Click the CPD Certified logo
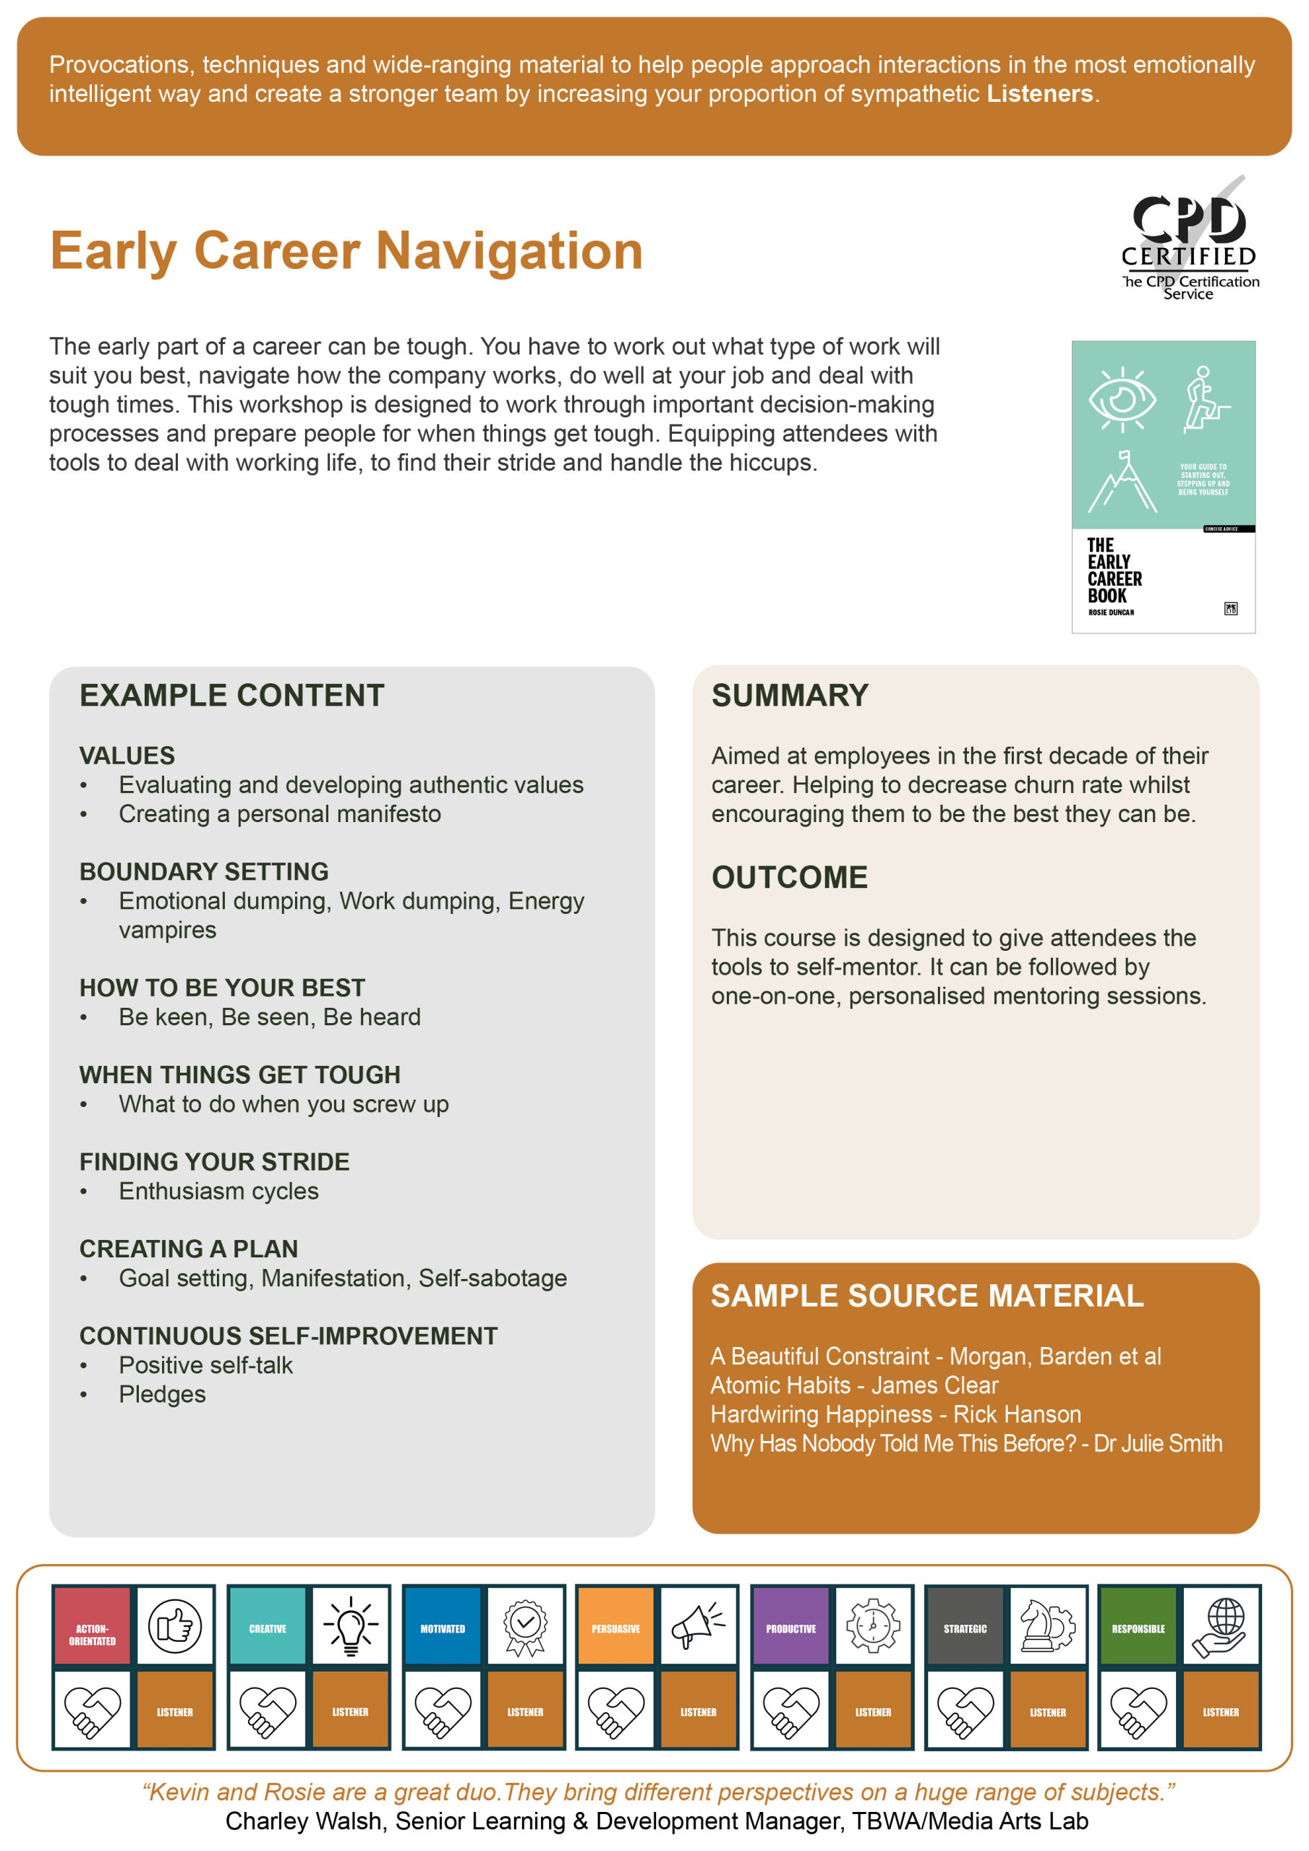(x=1189, y=239)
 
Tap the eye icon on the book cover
(x=1121, y=399)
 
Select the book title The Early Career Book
(x=1114, y=570)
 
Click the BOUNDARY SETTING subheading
(x=203, y=871)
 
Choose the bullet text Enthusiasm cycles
(x=218, y=1191)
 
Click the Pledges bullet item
(x=162, y=1394)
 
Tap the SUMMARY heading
(x=790, y=696)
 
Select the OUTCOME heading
(x=789, y=877)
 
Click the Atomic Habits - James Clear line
(x=854, y=1385)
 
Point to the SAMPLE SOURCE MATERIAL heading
(x=926, y=1296)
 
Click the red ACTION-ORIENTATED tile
(x=92, y=1626)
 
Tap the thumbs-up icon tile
(x=175, y=1626)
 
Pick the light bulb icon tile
(x=351, y=1626)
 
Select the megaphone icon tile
(x=699, y=1626)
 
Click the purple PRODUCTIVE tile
(x=790, y=1626)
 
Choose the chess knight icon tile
(x=1048, y=1626)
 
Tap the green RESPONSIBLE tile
(x=1138, y=1626)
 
